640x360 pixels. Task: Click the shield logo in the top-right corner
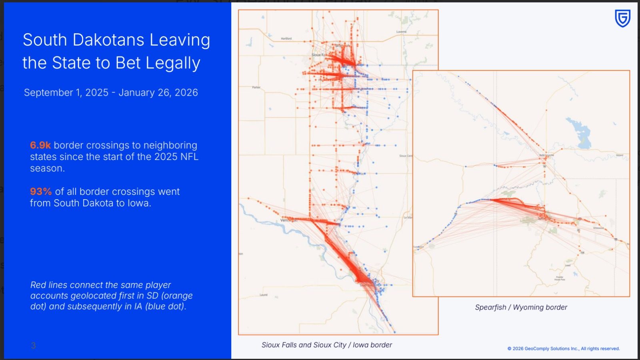[x=622, y=18]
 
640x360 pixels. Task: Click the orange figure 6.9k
[x=40, y=145]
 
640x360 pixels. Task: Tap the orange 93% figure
[x=41, y=192]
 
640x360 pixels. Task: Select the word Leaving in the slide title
[x=180, y=40]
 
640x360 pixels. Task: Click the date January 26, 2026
[x=158, y=92]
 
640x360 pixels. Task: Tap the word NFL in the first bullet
[x=189, y=157]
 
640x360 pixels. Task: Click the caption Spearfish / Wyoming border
[x=521, y=307]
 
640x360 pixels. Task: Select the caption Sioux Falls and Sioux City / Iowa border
[x=326, y=345]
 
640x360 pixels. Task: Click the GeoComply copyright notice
[x=563, y=349]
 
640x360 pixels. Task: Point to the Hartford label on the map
[x=286, y=39]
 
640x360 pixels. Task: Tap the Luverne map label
[x=401, y=32]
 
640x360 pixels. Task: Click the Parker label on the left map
[x=256, y=87]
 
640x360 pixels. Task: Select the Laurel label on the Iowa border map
[x=264, y=295]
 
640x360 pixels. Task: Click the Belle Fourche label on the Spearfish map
[x=546, y=155]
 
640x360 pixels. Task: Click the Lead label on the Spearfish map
[x=568, y=265]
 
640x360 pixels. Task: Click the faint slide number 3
[x=33, y=346]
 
